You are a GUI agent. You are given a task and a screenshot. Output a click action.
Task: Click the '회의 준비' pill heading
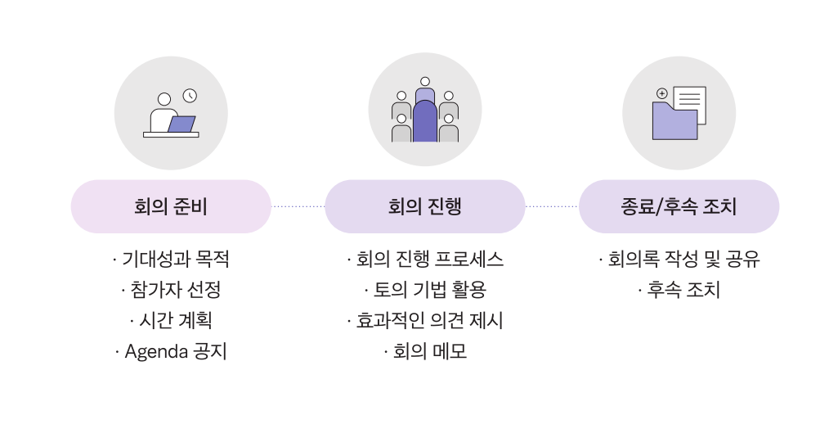(x=171, y=207)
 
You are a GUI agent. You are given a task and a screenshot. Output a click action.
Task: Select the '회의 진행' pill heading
(x=425, y=207)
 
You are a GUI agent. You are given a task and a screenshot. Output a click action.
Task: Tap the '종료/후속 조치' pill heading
(x=679, y=207)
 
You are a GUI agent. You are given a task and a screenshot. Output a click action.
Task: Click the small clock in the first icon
(x=190, y=96)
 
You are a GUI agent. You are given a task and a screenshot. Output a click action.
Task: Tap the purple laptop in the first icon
(x=181, y=124)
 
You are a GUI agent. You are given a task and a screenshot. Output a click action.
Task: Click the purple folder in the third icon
(x=674, y=123)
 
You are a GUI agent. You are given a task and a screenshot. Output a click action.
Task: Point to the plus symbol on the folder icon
(x=662, y=93)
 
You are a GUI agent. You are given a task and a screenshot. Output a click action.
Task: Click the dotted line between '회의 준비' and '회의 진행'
(x=298, y=207)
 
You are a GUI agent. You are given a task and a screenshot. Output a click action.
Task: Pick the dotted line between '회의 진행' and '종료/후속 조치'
(x=552, y=207)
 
